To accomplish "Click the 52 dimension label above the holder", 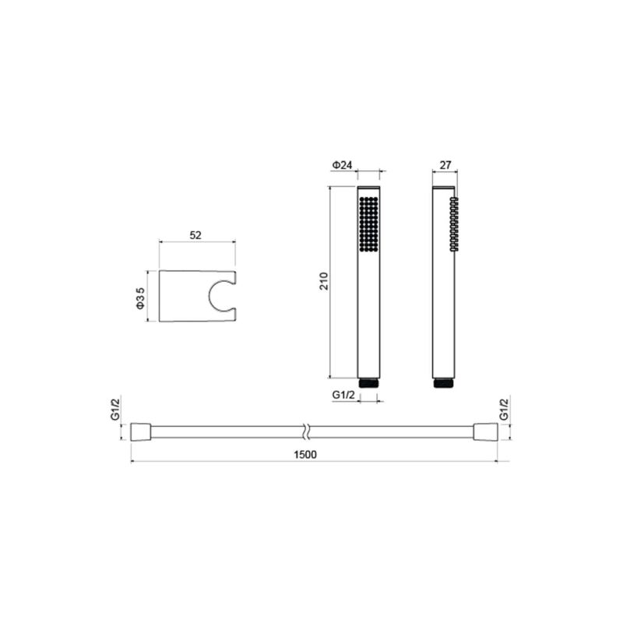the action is point(195,235).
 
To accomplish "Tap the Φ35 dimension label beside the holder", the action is point(140,298).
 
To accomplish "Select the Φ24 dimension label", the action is point(342,165).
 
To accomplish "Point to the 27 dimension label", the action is point(445,165).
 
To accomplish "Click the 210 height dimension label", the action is point(324,281).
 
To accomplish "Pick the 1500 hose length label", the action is point(305,455).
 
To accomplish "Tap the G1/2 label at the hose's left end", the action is point(115,410).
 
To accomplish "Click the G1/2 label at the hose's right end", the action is point(504,410).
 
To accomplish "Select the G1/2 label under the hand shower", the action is point(343,395).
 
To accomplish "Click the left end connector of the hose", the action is point(141,432).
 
